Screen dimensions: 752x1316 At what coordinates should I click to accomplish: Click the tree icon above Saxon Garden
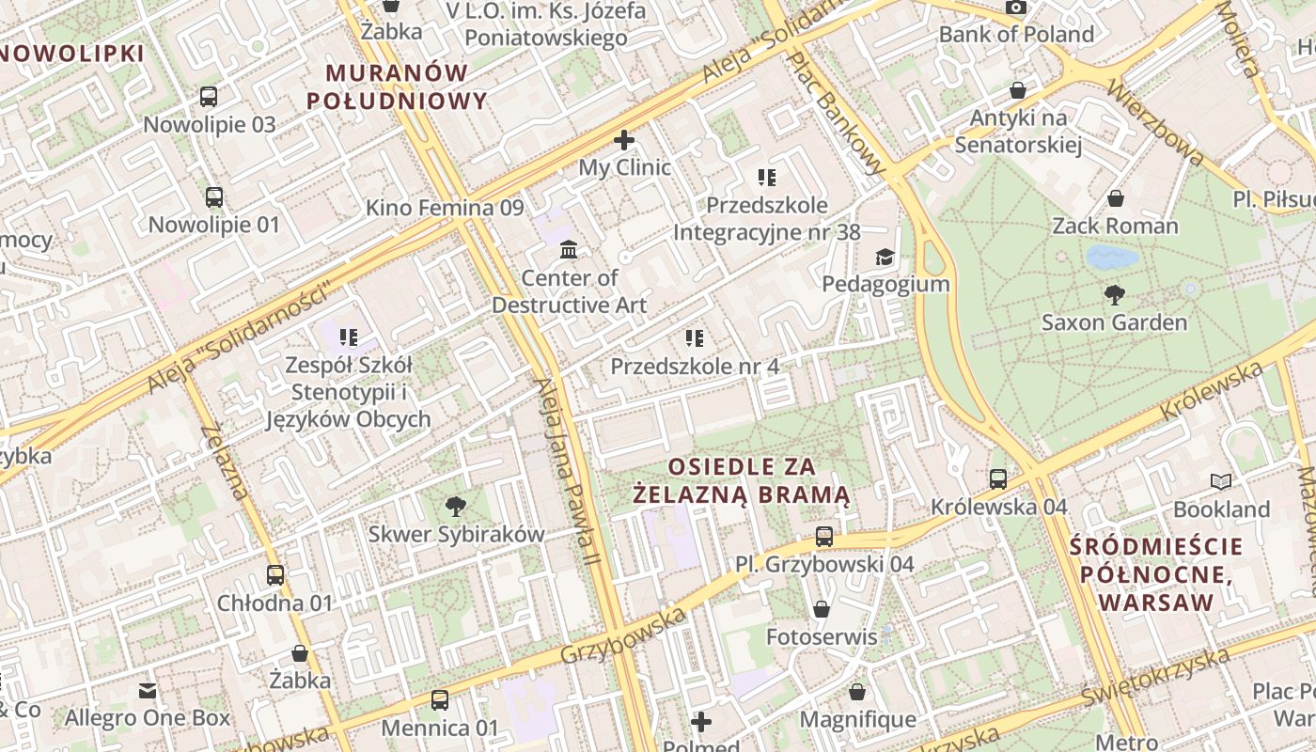click(1115, 295)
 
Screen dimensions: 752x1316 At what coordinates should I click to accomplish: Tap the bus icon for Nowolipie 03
click(209, 96)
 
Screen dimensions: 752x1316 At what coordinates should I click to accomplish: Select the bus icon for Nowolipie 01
click(214, 197)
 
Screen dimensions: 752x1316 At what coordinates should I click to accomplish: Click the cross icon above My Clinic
click(624, 141)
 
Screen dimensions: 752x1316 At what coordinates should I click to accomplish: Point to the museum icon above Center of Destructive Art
click(569, 250)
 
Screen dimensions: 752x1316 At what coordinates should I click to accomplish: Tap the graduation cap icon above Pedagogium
click(885, 257)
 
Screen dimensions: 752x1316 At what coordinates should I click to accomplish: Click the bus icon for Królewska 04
click(998, 479)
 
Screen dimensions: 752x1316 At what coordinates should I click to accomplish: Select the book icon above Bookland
click(1221, 482)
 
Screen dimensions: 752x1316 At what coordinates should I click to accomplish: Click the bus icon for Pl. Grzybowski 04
click(824, 537)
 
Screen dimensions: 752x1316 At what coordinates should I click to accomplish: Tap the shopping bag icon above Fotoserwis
click(822, 609)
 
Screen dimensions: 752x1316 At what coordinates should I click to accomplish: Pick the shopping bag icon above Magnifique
click(857, 693)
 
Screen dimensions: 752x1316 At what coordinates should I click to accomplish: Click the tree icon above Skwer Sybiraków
click(456, 507)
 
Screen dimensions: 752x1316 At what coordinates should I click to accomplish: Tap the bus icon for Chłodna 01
click(275, 575)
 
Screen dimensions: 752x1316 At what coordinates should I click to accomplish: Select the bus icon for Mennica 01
click(440, 700)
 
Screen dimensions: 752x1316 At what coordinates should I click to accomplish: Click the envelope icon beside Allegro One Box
click(148, 691)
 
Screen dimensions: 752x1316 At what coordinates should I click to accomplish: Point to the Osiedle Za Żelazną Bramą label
click(743, 480)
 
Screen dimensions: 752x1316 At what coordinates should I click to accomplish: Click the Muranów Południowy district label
click(397, 86)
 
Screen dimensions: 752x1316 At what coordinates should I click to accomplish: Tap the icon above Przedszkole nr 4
click(695, 338)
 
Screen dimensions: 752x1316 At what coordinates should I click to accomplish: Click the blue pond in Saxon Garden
click(1112, 257)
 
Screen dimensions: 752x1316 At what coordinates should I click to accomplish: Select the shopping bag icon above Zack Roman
click(1116, 198)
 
